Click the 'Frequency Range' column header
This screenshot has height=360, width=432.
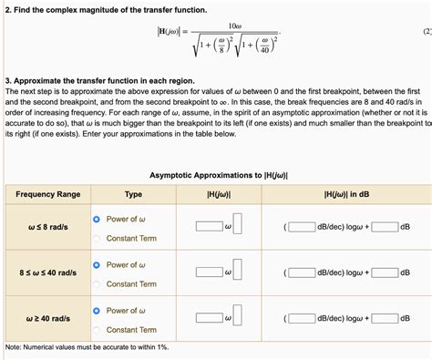47,194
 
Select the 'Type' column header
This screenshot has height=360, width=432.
133,194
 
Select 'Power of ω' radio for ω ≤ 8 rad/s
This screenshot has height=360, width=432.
97,220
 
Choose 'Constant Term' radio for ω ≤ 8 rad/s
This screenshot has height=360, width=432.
97,238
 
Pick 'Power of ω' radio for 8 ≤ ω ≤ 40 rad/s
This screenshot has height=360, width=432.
97,265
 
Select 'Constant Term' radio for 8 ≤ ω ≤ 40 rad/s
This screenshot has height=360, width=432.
97,283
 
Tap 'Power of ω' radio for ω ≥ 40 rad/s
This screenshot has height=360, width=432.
97,311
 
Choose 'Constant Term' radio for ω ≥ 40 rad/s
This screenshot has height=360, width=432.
97,329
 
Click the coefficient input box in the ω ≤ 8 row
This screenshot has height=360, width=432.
209,228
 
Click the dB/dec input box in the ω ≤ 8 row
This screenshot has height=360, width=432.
302,228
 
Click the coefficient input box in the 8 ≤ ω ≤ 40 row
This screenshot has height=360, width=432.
209,273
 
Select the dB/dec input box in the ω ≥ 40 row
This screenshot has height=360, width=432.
302,318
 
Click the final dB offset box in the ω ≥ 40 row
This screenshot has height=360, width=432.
384,318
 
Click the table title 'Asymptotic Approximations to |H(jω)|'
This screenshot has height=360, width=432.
218,175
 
